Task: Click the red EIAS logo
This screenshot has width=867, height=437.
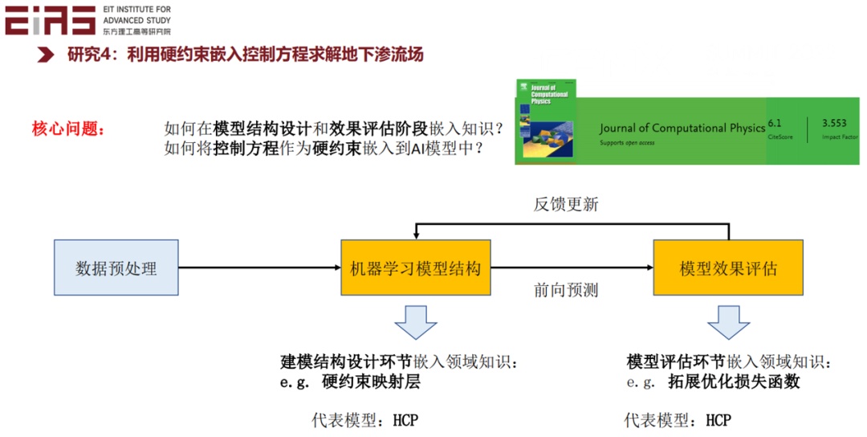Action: pos(50,19)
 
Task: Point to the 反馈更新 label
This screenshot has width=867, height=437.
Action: pos(566,204)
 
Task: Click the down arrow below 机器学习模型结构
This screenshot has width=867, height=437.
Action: pos(415,321)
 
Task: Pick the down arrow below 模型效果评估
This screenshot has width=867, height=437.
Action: pos(728,321)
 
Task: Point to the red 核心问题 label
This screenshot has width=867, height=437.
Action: pos(68,129)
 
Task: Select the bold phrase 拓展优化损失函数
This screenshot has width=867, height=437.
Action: pos(734,382)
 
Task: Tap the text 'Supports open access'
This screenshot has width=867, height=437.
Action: pos(627,143)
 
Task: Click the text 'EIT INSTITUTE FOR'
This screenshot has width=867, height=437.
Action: pos(137,9)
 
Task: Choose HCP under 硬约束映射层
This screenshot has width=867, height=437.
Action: pos(405,420)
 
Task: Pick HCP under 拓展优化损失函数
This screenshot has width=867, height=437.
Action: pos(718,420)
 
